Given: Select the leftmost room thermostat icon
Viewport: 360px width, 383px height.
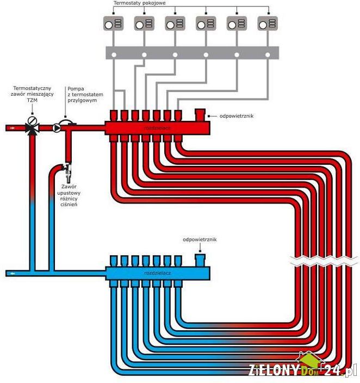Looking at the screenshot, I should (114, 24).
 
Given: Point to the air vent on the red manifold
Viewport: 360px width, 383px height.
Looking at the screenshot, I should (200, 115).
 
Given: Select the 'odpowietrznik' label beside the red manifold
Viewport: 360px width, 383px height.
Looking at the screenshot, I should (237, 116).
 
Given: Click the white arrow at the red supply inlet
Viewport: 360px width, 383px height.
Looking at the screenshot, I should (11, 128).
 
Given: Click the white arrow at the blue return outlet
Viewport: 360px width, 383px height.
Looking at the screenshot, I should (12, 273).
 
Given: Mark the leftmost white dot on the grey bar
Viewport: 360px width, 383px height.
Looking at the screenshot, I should (114, 54).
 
